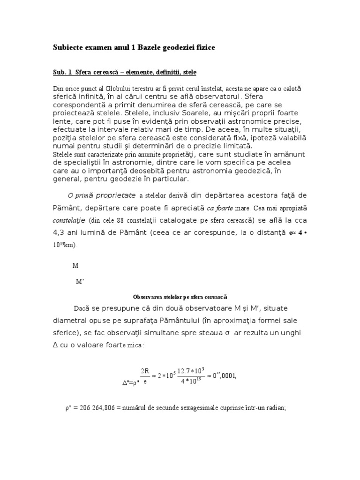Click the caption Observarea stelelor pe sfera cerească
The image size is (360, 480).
[180, 296]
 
